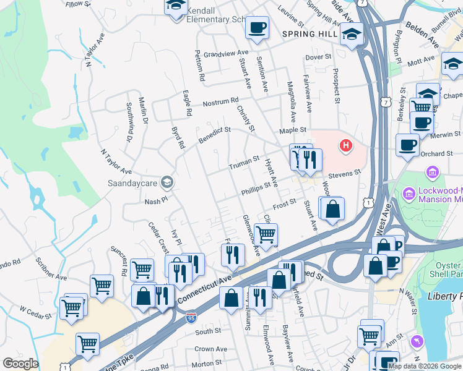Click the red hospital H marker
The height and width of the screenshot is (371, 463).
(x=345, y=146)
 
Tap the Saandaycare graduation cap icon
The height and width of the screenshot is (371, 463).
(x=166, y=182)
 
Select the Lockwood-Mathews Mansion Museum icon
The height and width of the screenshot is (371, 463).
(x=408, y=194)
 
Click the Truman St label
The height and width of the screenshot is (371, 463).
(x=243, y=163)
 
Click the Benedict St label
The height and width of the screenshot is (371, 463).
(x=214, y=136)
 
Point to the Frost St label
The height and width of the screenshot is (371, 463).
(x=285, y=202)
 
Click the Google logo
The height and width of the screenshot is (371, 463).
(x=20, y=364)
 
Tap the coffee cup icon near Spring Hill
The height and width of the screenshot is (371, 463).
(x=257, y=28)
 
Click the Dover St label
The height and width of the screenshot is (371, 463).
(x=319, y=57)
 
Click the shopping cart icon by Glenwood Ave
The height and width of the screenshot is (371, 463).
(x=266, y=234)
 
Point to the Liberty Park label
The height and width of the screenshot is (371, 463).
(x=444, y=296)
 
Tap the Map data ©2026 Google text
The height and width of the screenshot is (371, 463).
(x=425, y=365)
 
